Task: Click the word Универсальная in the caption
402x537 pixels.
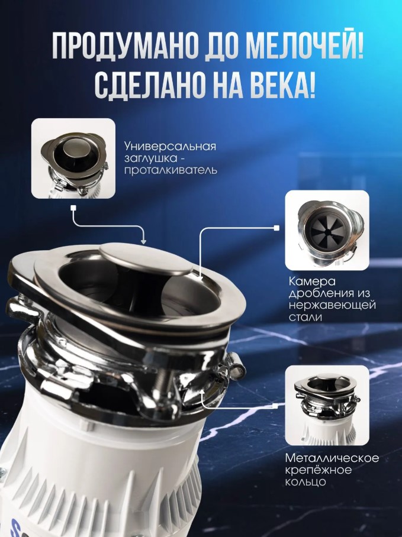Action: coord(171,146)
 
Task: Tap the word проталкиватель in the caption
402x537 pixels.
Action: coord(171,170)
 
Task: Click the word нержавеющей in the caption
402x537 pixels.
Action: coord(332,305)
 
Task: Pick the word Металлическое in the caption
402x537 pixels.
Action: coord(332,458)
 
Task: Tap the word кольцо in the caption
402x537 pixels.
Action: coord(305,482)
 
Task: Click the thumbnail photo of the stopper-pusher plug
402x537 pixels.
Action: coord(73,158)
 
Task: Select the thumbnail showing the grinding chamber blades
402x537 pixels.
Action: coord(327,230)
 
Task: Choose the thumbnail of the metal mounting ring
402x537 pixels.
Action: coord(327,406)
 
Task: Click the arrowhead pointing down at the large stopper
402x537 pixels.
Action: coord(144,241)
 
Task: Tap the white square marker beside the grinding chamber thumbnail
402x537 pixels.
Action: coord(276,228)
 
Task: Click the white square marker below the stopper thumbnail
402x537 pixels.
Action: coord(72,208)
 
